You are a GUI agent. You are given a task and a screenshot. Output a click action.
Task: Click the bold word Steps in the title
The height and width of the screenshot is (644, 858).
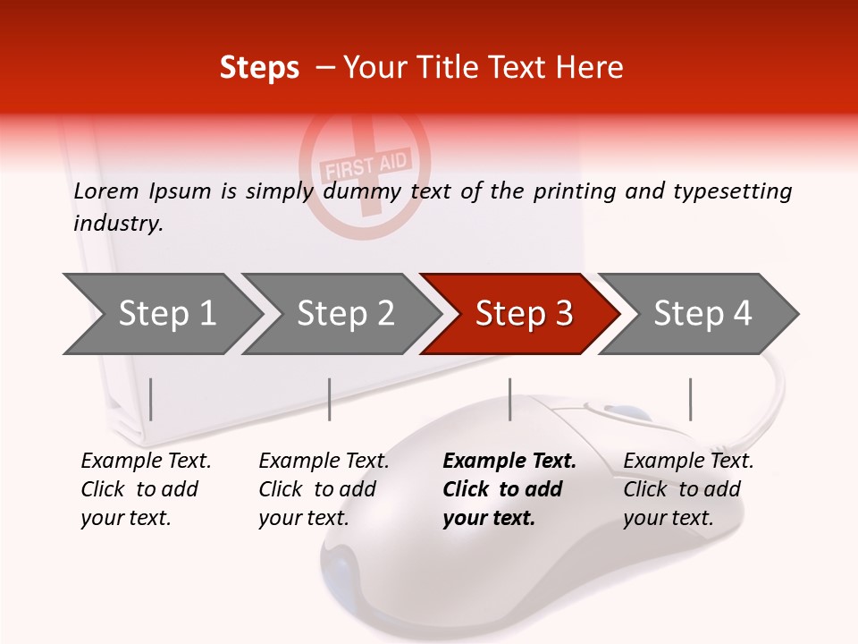point(259,68)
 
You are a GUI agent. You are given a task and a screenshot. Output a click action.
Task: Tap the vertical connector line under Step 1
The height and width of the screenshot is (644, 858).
point(151,399)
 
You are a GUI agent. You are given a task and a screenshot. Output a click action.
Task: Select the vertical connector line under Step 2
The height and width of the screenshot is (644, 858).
point(330,399)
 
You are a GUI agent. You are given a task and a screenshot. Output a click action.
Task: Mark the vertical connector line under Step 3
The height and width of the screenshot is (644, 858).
point(509,399)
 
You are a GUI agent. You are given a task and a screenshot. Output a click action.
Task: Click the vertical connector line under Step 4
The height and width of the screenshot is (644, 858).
point(690,399)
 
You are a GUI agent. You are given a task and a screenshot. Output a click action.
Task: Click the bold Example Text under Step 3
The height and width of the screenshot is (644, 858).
point(509,462)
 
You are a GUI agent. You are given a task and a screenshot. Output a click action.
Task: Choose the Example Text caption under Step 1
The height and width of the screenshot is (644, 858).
point(146,462)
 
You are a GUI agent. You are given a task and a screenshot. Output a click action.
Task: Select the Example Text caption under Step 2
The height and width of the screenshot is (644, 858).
point(324,462)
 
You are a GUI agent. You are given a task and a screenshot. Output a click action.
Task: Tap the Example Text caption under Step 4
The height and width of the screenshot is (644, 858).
point(688,462)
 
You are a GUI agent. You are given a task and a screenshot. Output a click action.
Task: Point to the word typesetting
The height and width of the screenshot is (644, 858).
point(732,191)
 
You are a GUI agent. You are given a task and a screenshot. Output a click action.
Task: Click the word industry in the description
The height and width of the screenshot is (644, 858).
point(117,224)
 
